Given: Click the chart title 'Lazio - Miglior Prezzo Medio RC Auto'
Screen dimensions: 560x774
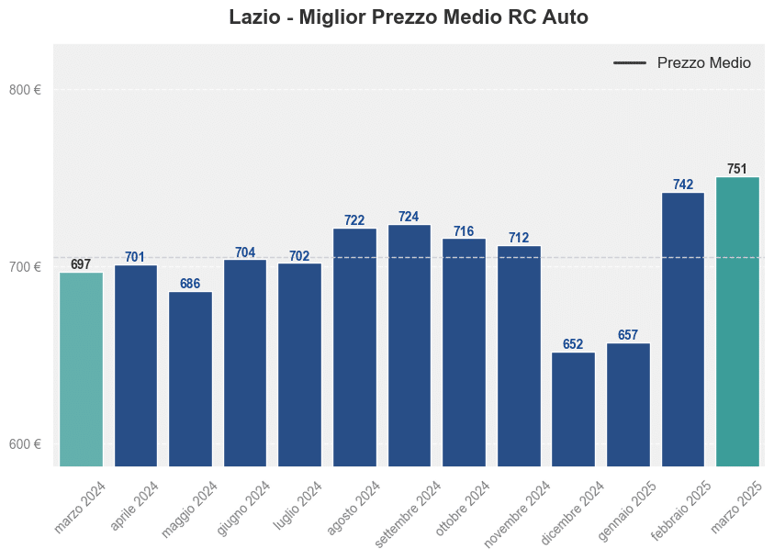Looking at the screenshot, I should pyautogui.click(x=409, y=17).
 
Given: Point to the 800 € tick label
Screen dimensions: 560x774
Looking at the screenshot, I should pyautogui.click(x=25, y=90).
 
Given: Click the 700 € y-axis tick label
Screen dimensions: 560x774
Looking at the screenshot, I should pyautogui.click(x=25, y=267).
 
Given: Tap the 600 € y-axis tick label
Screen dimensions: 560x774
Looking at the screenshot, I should pyautogui.click(x=25, y=444).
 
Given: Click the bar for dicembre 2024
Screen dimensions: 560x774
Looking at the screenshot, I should pyautogui.click(x=573, y=409).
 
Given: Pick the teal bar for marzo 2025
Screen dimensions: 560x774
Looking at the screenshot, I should pyautogui.click(x=737, y=321).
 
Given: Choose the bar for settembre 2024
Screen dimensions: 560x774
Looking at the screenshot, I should pyautogui.click(x=409, y=345).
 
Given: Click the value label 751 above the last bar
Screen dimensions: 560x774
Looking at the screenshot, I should pyautogui.click(x=737, y=169).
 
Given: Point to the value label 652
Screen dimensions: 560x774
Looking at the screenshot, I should pyautogui.click(x=573, y=344).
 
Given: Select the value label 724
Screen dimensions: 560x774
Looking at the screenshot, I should pyautogui.click(x=409, y=217).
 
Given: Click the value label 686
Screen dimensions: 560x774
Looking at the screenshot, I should pyautogui.click(x=190, y=284).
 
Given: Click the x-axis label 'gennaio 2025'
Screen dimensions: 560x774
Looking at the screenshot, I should pyautogui.click(x=627, y=509).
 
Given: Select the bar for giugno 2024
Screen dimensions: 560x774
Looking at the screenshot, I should pyautogui.click(x=245, y=363).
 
